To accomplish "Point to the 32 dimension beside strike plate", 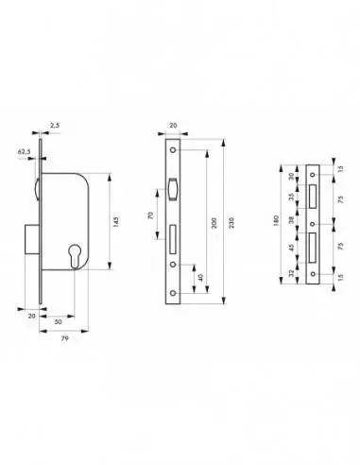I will click(x=292, y=275).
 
